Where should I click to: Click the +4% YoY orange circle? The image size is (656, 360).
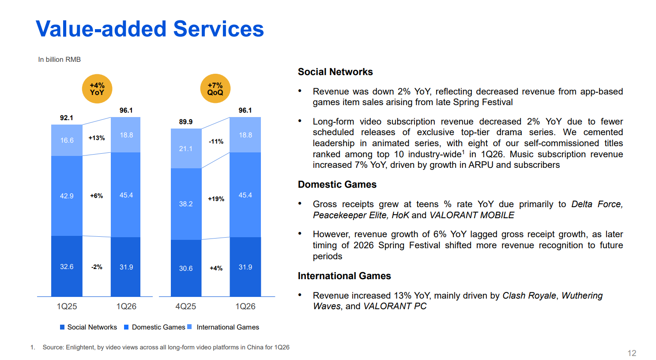pyautogui.click(x=97, y=89)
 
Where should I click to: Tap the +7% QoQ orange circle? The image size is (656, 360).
pyautogui.click(x=215, y=88)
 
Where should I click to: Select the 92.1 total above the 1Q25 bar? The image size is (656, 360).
pyautogui.click(x=67, y=118)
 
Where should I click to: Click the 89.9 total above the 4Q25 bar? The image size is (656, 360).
pyautogui.click(x=186, y=121)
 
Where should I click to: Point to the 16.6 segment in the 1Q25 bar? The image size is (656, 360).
pyautogui.click(x=67, y=140)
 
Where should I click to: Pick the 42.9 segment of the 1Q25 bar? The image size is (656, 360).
pyautogui.click(x=67, y=196)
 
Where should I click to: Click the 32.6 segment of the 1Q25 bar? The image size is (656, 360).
pyautogui.click(x=67, y=266)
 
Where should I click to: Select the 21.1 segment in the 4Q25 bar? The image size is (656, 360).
pyautogui.click(x=186, y=148)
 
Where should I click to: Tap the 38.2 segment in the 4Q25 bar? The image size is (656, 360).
pyautogui.click(x=186, y=204)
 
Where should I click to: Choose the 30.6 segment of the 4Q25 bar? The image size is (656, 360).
pyautogui.click(x=186, y=268)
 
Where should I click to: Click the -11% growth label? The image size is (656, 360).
pyautogui.click(x=216, y=141)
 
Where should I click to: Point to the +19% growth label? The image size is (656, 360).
pyautogui.click(x=216, y=199)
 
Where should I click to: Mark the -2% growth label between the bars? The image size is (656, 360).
pyautogui.click(x=97, y=267)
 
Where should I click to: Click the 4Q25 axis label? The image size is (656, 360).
pyautogui.click(x=186, y=307)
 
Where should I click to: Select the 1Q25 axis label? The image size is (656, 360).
pyautogui.click(x=67, y=307)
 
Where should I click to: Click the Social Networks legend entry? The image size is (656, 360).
pyautogui.click(x=88, y=327)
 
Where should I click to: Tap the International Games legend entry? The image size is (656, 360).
pyautogui.click(x=223, y=327)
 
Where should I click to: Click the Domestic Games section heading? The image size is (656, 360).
pyautogui.click(x=337, y=185)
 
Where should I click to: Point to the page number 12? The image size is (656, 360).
pyautogui.click(x=632, y=353)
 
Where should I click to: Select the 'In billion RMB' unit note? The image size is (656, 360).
pyautogui.click(x=60, y=60)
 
